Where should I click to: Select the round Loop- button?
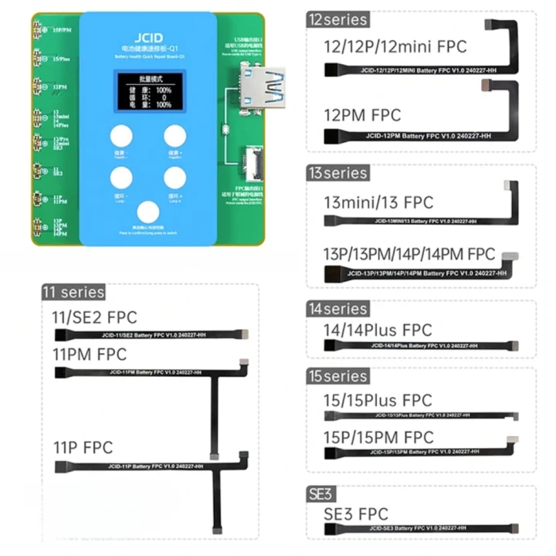tap(121, 179)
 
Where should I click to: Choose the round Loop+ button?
tap(175, 179)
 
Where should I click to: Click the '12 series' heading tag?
tap(337, 19)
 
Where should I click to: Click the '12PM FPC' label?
tap(363, 115)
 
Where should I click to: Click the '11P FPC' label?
tap(83, 447)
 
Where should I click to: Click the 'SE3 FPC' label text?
tap(356, 514)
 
